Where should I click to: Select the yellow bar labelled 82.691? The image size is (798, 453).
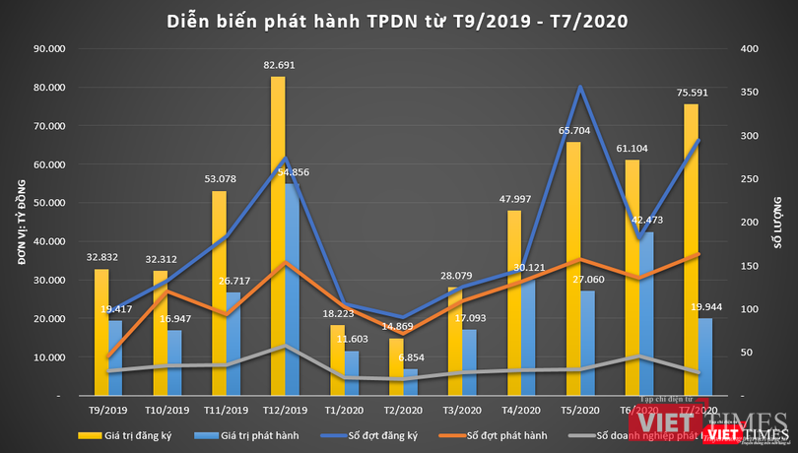tap(278, 236)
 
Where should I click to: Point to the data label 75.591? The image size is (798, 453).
tap(691, 95)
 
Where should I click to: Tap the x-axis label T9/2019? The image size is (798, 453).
tap(108, 410)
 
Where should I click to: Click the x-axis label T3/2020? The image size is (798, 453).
tap(462, 410)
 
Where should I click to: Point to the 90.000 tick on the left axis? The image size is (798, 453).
tap(49, 48)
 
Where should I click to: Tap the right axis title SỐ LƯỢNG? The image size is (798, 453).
tap(778, 221)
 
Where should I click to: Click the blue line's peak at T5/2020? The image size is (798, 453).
tap(581, 87)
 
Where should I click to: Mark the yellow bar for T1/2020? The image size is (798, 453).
tap(337, 360)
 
